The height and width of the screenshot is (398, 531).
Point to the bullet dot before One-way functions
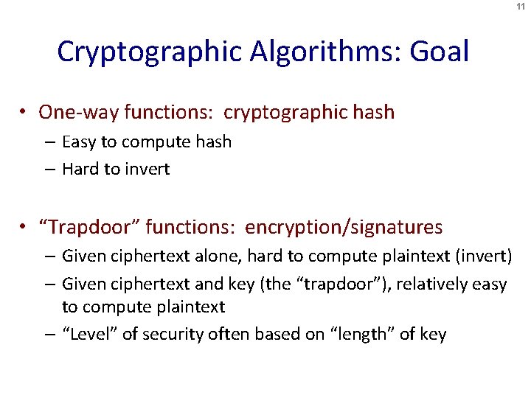pyautogui.click(x=25, y=112)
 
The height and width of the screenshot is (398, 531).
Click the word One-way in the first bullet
pyautogui.click(x=79, y=112)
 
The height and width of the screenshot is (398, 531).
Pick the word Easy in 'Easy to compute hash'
pyautogui.click(x=77, y=142)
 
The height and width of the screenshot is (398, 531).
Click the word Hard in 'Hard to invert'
pyautogui.click(x=80, y=169)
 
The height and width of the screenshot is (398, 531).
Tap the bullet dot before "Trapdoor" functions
pyautogui.click(x=25, y=227)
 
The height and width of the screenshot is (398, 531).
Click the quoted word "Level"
pyautogui.click(x=89, y=334)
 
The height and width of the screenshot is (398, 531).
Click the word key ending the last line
pyautogui.click(x=431, y=334)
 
